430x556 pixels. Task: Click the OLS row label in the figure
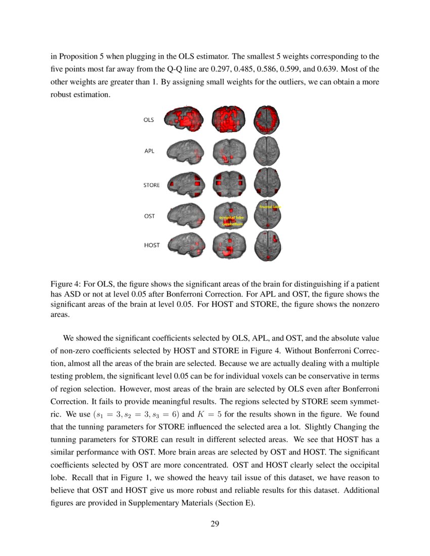point(149,120)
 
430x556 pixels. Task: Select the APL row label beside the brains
point(149,151)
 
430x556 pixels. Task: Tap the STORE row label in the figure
point(151,186)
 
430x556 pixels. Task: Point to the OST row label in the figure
point(149,216)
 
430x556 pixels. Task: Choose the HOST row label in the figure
point(152,245)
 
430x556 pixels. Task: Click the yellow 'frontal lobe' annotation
point(270,207)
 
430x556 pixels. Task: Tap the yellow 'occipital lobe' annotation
point(231,217)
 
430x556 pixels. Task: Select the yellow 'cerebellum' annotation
point(232,224)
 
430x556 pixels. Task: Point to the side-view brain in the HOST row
point(186,247)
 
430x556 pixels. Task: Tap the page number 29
point(214,523)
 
